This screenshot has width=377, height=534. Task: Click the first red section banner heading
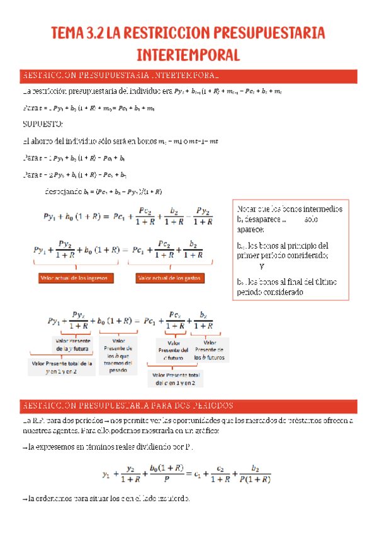(120, 76)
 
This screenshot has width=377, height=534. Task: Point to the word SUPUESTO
(42, 123)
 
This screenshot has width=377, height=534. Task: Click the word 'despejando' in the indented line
(64, 191)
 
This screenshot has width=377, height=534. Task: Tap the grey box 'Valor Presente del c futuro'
(173, 350)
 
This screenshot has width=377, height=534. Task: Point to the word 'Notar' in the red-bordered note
(247, 208)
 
